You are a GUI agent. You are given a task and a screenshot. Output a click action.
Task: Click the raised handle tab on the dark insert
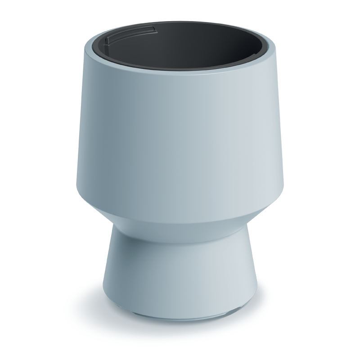130,33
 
